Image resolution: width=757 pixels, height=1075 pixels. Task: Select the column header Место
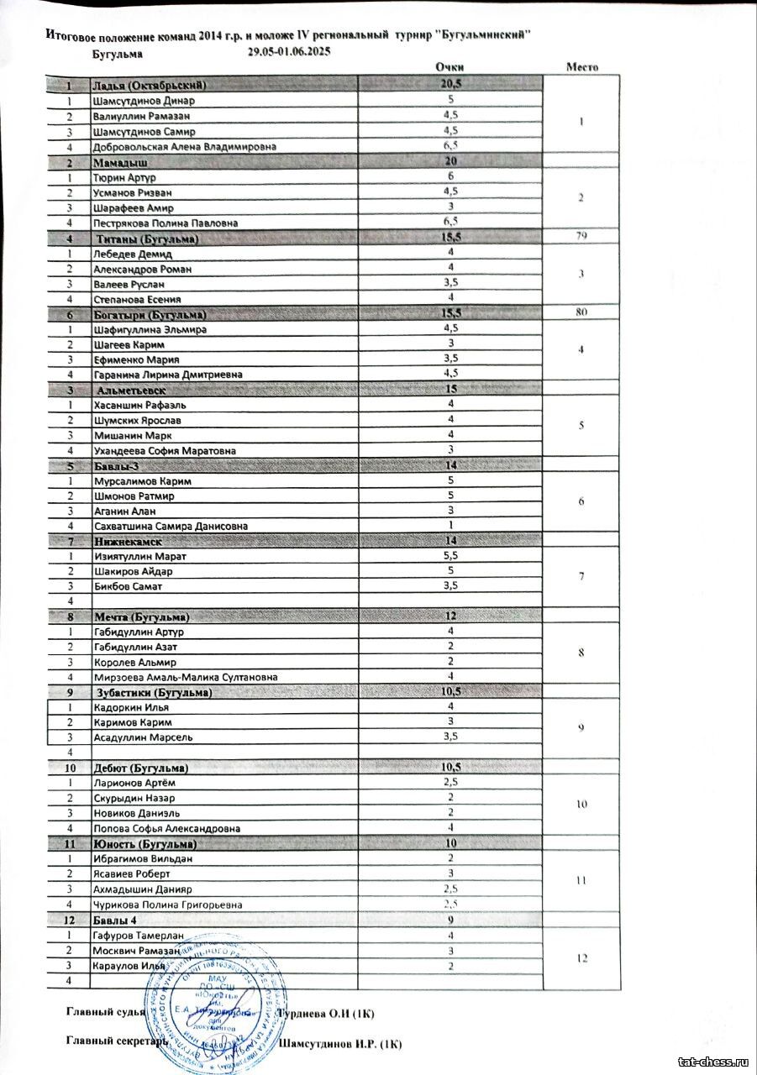tap(581, 67)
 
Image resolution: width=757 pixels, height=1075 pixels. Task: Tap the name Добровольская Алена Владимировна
tap(184, 146)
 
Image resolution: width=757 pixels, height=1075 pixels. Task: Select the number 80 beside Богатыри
tap(581, 313)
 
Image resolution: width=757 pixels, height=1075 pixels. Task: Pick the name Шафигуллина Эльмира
tap(149, 329)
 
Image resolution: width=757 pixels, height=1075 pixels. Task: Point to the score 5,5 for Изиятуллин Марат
tap(450, 556)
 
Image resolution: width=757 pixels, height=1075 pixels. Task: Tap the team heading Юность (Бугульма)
tap(145, 843)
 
